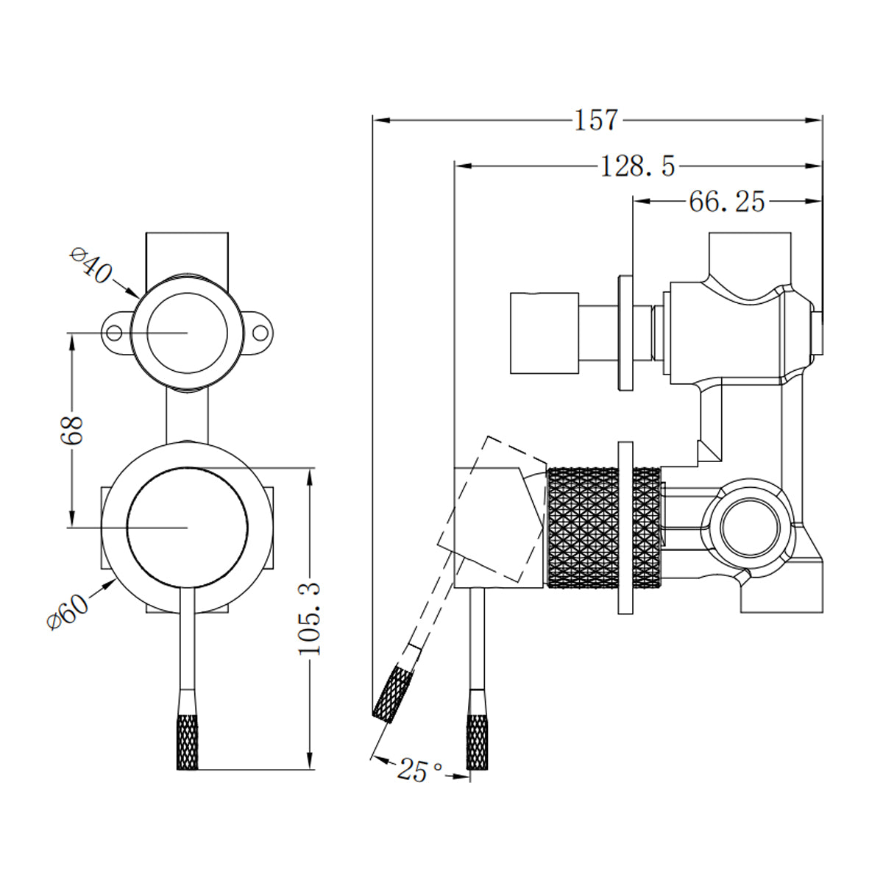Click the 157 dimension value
(x=596, y=120)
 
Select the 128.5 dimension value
(x=637, y=167)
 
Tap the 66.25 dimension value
(x=726, y=201)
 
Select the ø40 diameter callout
(x=91, y=266)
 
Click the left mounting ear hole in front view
(x=113, y=333)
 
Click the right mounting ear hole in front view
(x=261, y=333)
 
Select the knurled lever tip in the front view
(x=188, y=742)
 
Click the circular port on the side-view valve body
(x=747, y=528)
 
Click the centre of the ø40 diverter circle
(x=188, y=333)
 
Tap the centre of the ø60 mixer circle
(x=188, y=528)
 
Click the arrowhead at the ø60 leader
(x=114, y=581)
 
